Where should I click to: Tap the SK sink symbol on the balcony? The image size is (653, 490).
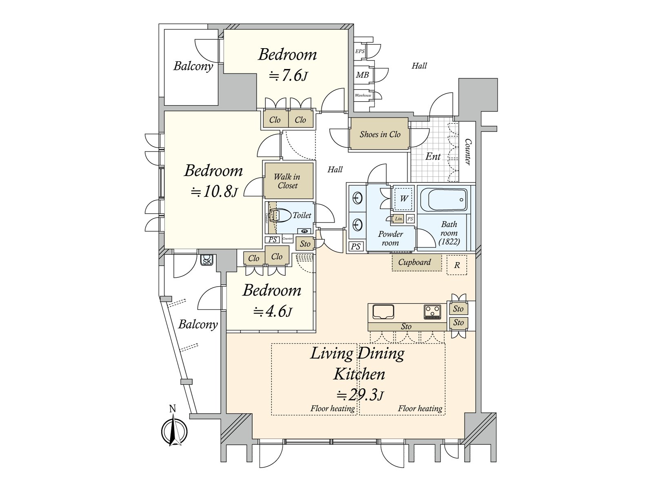click(207, 260)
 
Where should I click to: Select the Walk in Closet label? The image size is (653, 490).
click(287, 181)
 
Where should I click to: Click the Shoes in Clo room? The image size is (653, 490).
click(379, 134)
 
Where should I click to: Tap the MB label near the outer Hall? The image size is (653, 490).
click(362, 75)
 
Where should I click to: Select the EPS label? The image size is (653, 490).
click(360, 51)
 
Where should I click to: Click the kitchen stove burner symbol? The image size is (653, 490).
click(433, 312)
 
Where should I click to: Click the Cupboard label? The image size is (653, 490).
click(414, 263)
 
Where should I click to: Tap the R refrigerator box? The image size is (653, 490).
click(457, 265)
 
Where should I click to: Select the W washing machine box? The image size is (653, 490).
click(404, 199)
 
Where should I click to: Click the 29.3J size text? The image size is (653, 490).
click(360, 395)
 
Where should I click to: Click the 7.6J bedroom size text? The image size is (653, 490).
click(287, 76)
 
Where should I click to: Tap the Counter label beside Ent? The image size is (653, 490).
click(468, 152)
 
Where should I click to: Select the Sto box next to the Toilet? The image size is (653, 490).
click(305, 244)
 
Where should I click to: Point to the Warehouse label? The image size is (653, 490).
click(363, 96)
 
